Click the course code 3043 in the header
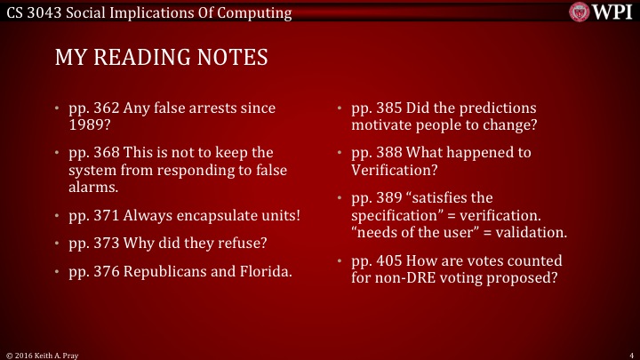pos(47,12)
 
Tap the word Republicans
pos(170,270)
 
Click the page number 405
pos(388,260)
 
